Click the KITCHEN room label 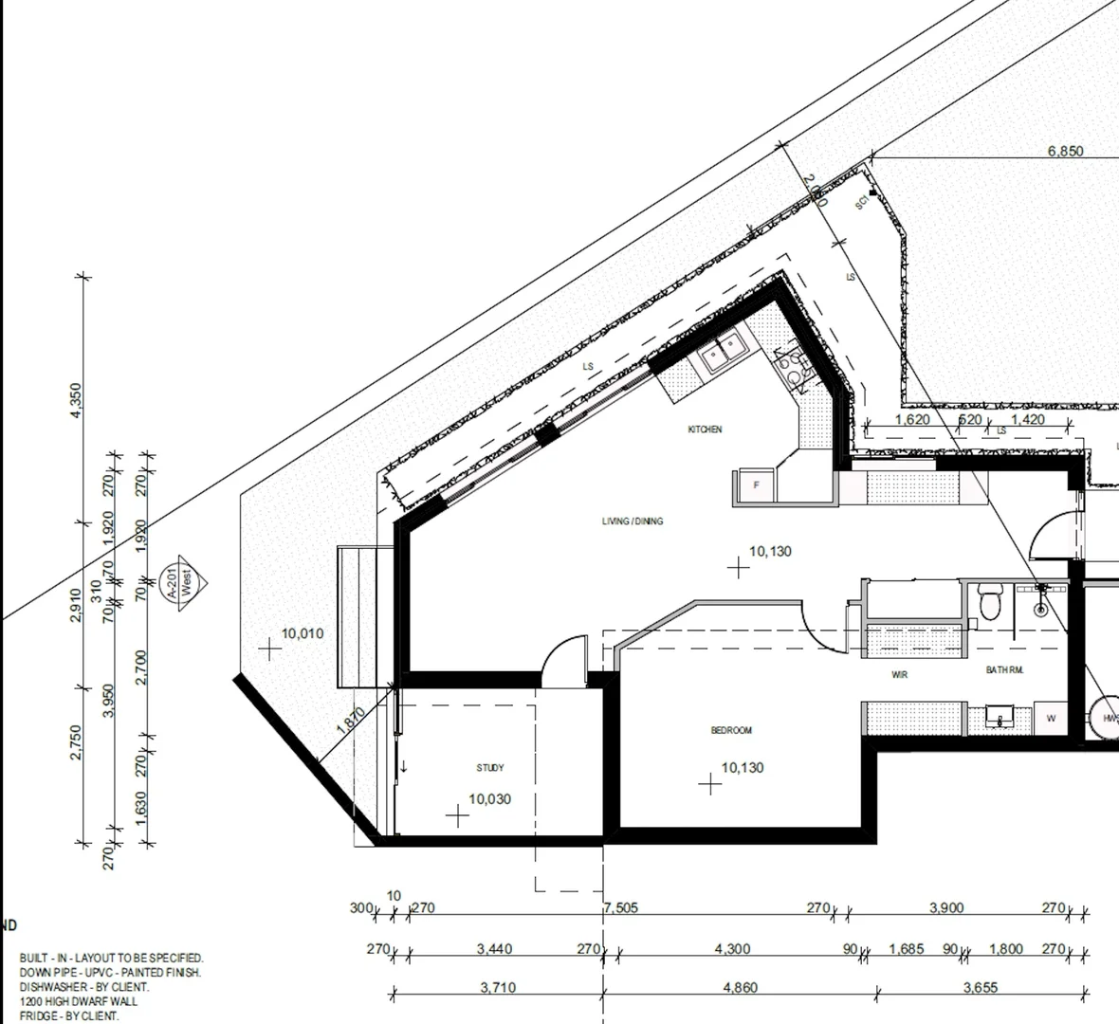[705, 430]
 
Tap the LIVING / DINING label [633, 521]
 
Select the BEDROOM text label [731, 730]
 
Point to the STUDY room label [490, 768]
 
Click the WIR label [900, 675]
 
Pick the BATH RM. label [1004, 670]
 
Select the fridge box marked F [756, 485]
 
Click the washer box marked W [1051, 719]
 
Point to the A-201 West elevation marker [186, 581]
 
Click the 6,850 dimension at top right [1065, 151]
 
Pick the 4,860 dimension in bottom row [740, 987]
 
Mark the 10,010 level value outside [303, 633]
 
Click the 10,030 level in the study [489, 799]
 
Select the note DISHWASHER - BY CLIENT [83, 987]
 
